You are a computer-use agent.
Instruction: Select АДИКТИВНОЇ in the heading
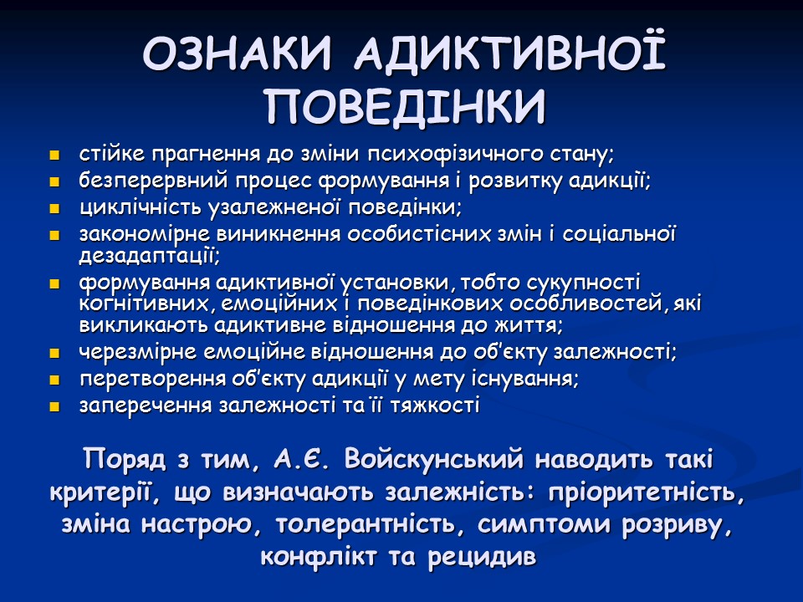click(x=509, y=56)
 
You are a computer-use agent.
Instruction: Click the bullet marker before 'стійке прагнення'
click(x=55, y=156)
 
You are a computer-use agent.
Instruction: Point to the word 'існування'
click(x=534, y=379)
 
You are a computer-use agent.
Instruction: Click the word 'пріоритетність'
click(x=643, y=492)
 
